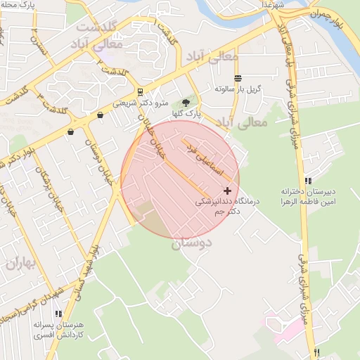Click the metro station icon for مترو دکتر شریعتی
point(140,91)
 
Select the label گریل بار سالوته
point(238,89)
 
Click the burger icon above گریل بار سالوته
point(238,78)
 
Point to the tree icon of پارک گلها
point(186,103)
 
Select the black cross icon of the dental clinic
point(227,191)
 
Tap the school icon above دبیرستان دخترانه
point(309,181)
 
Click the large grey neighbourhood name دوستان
point(191,243)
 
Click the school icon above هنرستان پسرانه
point(58,314)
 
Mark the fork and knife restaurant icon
point(318,352)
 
